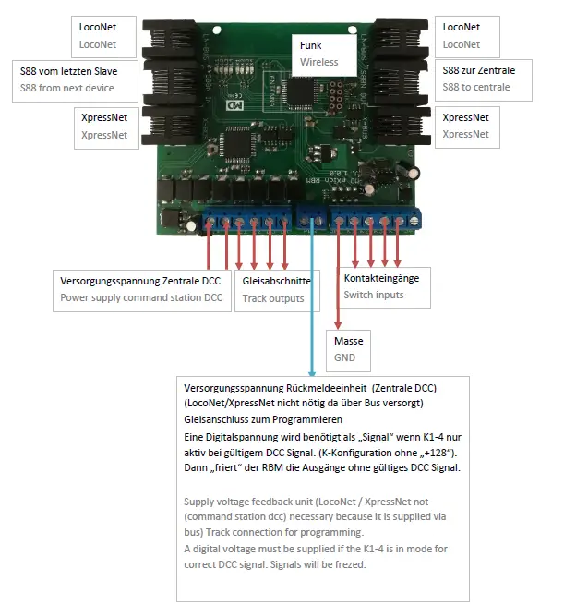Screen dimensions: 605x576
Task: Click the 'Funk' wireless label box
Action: pyautogui.click(x=324, y=54)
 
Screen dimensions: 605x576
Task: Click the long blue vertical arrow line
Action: pyautogui.click(x=313, y=305)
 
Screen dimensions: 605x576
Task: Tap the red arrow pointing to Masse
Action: pyautogui.click(x=339, y=277)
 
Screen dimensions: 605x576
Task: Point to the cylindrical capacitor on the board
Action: pyautogui.click(x=416, y=174)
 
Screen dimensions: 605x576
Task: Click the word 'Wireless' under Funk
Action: pyautogui.click(x=319, y=62)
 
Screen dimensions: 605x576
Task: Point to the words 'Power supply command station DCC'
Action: pyautogui.click(x=141, y=297)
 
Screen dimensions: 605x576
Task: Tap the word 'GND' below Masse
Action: pyautogui.click(x=345, y=358)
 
